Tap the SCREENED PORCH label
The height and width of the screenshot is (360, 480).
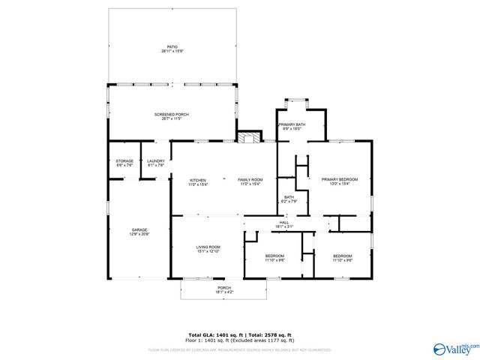click(x=172, y=115)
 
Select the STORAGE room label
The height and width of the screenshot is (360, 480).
click(x=124, y=161)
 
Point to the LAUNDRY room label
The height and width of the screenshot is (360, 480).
click(x=156, y=161)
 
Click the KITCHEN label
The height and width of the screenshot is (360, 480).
click(x=198, y=180)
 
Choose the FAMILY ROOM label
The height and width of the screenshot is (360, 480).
click(x=250, y=180)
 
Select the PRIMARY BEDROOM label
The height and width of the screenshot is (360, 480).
click(x=340, y=180)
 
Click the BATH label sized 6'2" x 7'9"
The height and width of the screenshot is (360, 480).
click(x=289, y=198)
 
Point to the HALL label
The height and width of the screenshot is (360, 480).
click(x=284, y=223)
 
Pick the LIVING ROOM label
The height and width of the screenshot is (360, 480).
click(x=208, y=247)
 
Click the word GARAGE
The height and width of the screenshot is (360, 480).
click(x=140, y=229)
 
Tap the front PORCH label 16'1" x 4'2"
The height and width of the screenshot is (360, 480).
click(x=223, y=287)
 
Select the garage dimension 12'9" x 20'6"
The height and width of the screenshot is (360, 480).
click(x=140, y=235)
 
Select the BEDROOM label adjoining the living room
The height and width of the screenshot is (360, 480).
click(x=274, y=256)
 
